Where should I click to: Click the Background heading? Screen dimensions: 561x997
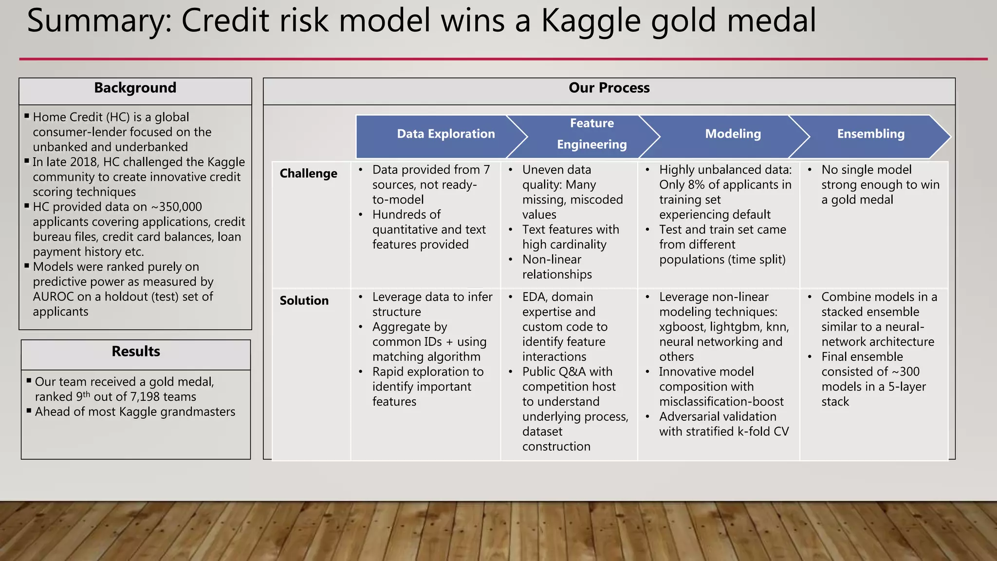(135, 88)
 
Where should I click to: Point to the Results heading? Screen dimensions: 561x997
(136, 352)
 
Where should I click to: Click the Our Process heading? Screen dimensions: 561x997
(609, 88)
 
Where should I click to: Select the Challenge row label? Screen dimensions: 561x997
(308, 174)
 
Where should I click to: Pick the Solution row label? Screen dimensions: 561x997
(304, 301)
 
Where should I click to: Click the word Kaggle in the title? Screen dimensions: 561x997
(591, 20)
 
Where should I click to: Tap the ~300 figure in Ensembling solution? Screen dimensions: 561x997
(905, 372)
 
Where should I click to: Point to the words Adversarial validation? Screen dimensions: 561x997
(718, 417)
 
